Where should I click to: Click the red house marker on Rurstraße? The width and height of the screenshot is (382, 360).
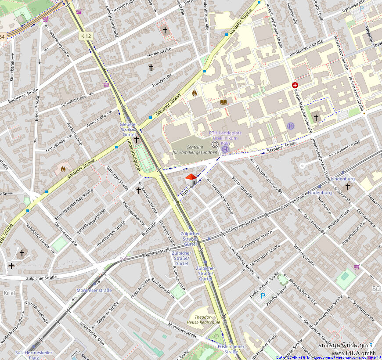191,179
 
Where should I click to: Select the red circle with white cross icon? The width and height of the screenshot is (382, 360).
295,85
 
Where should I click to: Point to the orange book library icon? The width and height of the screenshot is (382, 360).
223,102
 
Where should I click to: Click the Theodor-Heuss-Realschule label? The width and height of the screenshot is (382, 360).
207,319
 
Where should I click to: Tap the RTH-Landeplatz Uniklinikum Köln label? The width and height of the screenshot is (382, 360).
223,138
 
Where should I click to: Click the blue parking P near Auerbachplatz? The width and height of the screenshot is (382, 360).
263,296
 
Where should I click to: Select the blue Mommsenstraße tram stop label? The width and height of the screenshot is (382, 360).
94,290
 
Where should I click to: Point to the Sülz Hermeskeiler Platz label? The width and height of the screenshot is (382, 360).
34,355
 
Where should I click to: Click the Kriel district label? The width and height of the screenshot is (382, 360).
9,292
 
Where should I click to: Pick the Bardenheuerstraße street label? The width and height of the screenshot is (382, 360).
306,50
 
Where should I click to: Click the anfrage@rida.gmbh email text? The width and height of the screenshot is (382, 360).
347,345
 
